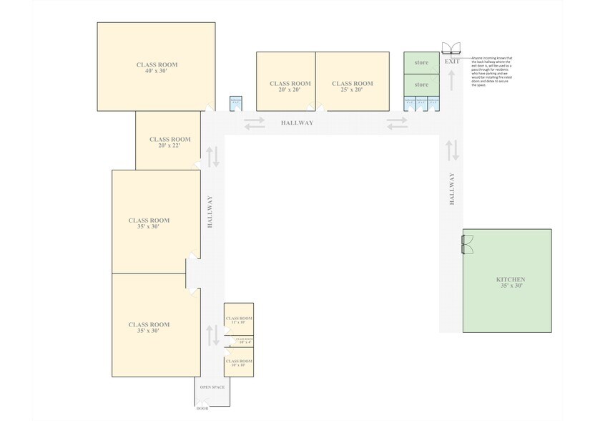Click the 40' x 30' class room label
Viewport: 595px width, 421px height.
click(157, 68)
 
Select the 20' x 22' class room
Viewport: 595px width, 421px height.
click(169, 142)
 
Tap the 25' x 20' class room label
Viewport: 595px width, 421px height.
click(352, 87)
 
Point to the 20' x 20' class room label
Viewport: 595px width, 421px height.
click(290, 87)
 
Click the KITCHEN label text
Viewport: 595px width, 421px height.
click(511, 282)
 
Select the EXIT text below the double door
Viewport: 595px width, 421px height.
click(452, 62)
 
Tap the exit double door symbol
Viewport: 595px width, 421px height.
click(452, 49)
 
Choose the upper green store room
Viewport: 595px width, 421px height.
click(421, 63)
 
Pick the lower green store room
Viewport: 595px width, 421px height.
click(421, 84)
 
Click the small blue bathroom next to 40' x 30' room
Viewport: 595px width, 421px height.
click(236, 103)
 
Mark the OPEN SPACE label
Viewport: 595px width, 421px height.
click(212, 387)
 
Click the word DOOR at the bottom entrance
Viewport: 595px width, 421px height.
click(202, 409)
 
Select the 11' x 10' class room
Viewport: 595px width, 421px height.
click(239, 319)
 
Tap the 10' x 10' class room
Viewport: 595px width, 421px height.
click(239, 363)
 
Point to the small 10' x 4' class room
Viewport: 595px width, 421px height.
click(239, 342)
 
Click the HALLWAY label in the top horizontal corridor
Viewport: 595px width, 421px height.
click(297, 123)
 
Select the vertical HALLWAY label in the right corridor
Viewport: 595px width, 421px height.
click(451, 189)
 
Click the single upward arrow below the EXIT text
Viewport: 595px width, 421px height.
click(452, 79)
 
